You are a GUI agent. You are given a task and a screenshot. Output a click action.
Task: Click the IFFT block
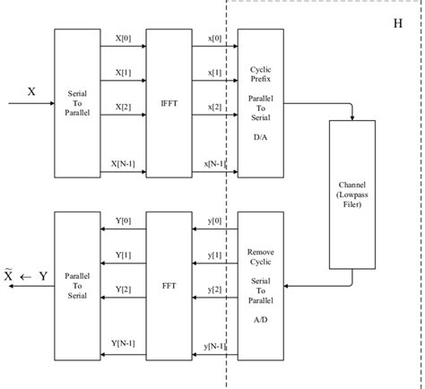click(x=169, y=104)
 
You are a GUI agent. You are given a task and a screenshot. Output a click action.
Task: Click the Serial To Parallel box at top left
click(x=77, y=104)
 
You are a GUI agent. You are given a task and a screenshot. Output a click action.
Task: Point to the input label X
click(x=31, y=91)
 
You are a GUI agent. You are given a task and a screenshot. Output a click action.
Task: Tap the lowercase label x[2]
click(x=215, y=107)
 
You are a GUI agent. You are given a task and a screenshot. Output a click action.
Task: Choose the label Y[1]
click(x=123, y=255)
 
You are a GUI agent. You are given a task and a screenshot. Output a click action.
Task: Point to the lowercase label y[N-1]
click(x=215, y=345)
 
